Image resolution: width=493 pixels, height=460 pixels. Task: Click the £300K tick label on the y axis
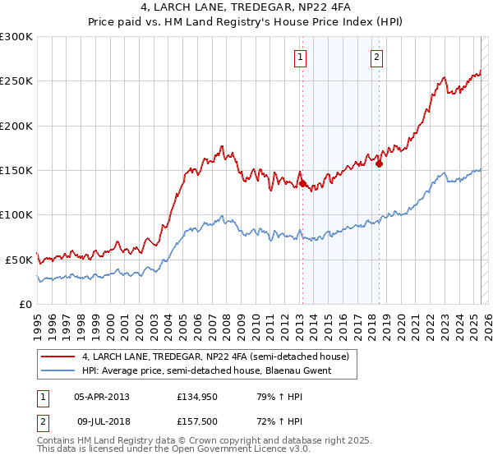point(16,37)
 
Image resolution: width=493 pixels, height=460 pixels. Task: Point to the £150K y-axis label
point(16,171)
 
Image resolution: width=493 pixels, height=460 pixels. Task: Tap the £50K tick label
point(19,260)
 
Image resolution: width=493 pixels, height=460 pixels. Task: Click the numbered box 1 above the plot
point(301,57)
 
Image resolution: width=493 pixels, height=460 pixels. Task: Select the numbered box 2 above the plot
point(376,57)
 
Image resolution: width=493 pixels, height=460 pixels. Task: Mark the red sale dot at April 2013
point(302,184)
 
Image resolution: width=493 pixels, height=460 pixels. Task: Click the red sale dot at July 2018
point(379,163)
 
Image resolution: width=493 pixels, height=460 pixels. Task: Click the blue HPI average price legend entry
point(205,370)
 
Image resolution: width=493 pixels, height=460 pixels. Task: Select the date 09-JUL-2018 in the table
point(102,421)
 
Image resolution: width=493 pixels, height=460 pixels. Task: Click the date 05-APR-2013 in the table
point(102,396)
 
